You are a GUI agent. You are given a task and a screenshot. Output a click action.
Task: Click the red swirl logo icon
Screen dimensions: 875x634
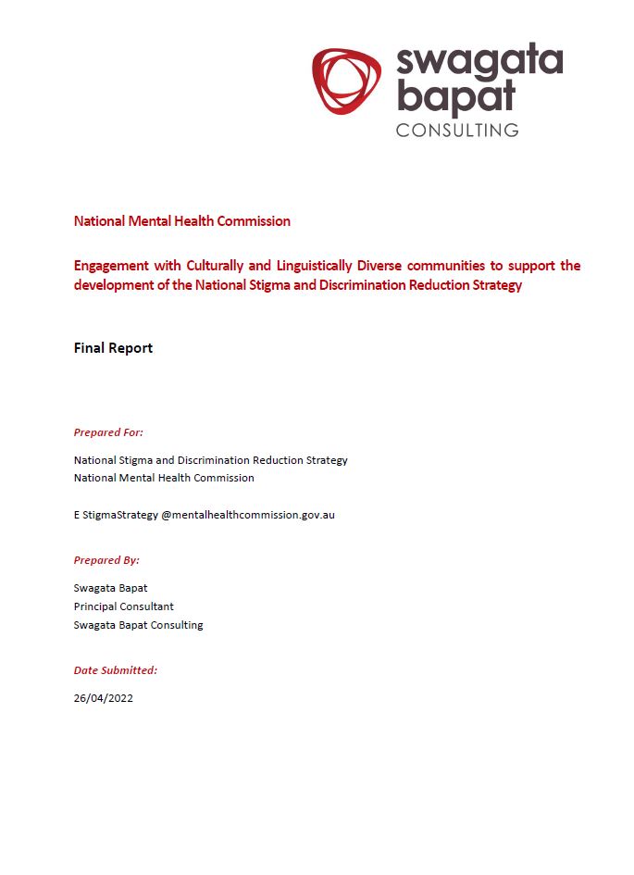pyautogui.click(x=346, y=81)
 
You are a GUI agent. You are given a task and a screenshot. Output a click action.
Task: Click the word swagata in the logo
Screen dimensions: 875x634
pyautogui.click(x=479, y=63)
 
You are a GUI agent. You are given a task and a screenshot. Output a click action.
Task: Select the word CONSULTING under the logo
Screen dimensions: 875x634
pyautogui.click(x=457, y=130)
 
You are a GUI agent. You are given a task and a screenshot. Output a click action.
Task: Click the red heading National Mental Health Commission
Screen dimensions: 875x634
pyautogui.click(x=182, y=221)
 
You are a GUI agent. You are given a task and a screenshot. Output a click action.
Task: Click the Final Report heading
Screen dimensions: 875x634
pyautogui.click(x=113, y=348)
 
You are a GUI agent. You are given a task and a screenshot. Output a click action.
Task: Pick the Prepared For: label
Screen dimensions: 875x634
pyautogui.click(x=108, y=432)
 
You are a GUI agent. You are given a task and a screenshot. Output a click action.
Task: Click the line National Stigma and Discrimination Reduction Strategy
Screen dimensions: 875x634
pyautogui.click(x=210, y=460)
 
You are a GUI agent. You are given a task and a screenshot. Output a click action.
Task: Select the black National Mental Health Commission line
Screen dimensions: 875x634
pyautogui.click(x=164, y=478)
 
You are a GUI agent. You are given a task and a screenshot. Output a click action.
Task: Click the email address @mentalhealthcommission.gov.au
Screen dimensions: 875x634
pyautogui.click(x=248, y=515)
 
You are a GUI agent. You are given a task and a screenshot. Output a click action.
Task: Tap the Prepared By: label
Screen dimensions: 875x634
pyautogui.click(x=106, y=560)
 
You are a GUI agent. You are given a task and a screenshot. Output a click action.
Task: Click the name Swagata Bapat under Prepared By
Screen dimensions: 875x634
pyautogui.click(x=110, y=588)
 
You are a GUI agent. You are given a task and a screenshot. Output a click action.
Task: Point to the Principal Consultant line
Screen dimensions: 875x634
pyautogui.click(x=124, y=606)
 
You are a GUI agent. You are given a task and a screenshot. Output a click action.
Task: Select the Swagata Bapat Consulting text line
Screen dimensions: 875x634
pyautogui.click(x=138, y=625)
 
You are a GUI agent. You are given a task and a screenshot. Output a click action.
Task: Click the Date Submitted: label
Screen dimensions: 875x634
pyautogui.click(x=116, y=669)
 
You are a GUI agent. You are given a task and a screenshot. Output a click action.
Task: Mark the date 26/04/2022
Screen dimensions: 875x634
pyautogui.click(x=104, y=698)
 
